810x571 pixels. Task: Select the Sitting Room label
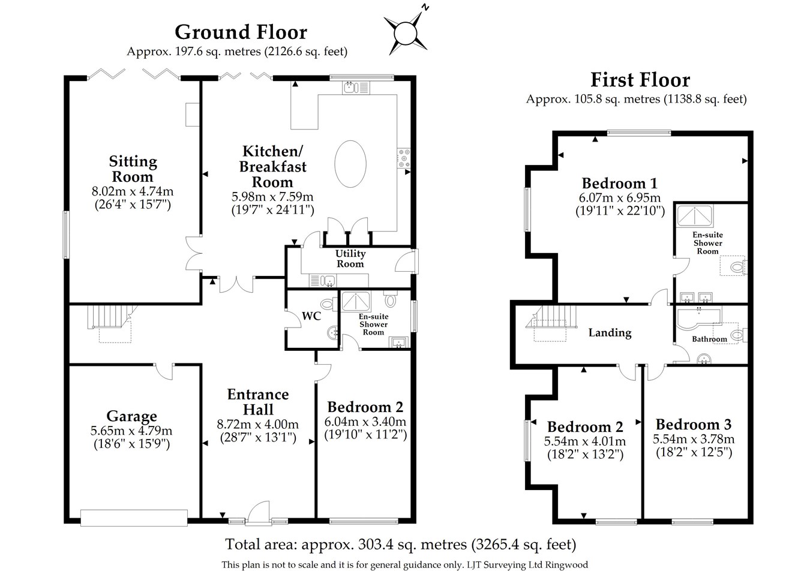133,169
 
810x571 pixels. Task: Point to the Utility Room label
350,259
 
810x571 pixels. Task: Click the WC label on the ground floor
311,315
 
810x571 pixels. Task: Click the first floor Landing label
610,332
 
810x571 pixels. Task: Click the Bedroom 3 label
693,425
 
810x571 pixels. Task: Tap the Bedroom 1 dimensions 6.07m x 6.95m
620,198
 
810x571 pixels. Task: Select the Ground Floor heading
241,31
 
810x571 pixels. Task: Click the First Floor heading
640,80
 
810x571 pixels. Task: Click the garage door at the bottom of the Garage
134,518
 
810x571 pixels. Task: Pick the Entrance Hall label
258,402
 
